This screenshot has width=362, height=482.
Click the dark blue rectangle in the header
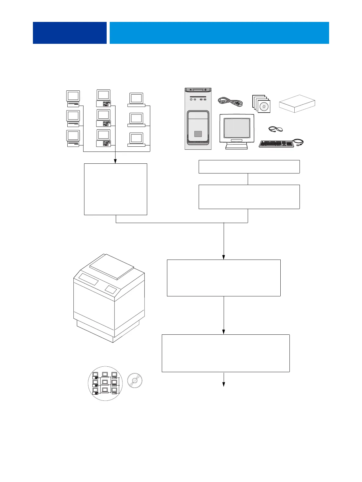[x=69, y=33]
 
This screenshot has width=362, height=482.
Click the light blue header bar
[x=219, y=33]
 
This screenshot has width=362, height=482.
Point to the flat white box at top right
[x=297, y=103]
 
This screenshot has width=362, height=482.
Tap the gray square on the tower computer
[x=198, y=134]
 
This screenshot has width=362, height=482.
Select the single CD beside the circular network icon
[x=135, y=380]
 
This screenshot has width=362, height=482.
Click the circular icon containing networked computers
[x=105, y=383]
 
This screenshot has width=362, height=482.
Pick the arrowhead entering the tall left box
[x=115, y=161]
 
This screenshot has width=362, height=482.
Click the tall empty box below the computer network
[x=115, y=189]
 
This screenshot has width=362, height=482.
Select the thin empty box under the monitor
[x=249, y=167]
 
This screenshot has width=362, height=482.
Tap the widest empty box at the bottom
[x=225, y=353]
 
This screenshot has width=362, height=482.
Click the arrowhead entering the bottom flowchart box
[x=224, y=332]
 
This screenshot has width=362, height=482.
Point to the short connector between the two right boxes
[x=248, y=179]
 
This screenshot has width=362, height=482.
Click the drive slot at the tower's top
[x=198, y=90]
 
